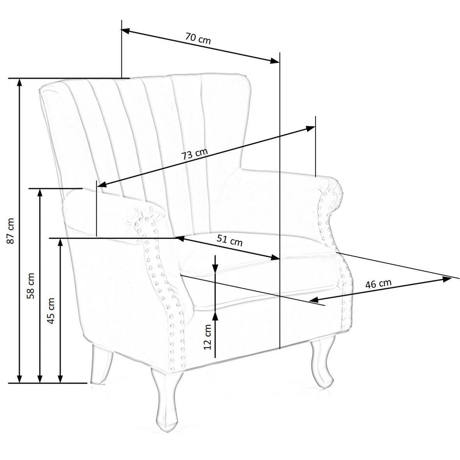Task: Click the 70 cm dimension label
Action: [198, 39]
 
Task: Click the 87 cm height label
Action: [11, 231]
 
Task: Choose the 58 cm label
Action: [31, 286]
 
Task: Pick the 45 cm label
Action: [51, 310]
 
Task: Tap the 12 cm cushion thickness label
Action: [208, 337]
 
